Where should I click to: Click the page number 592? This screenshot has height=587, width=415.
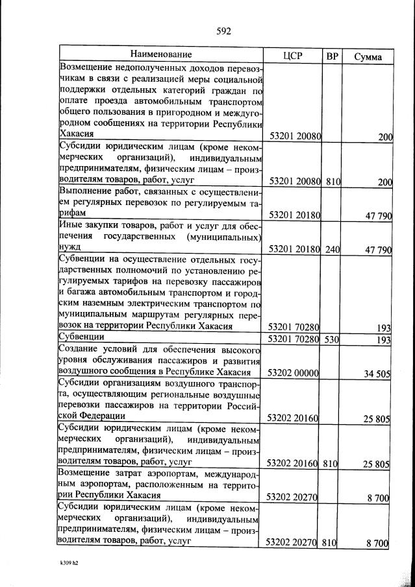[223, 30]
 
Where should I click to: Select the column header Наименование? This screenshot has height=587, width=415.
[160, 54]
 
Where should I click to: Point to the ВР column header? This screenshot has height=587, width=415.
[332, 56]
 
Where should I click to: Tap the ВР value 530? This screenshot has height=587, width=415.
[333, 339]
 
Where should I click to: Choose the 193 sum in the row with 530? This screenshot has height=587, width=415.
[383, 340]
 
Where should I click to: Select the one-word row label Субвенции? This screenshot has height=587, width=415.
[82, 338]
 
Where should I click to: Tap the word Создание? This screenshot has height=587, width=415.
[81, 350]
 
